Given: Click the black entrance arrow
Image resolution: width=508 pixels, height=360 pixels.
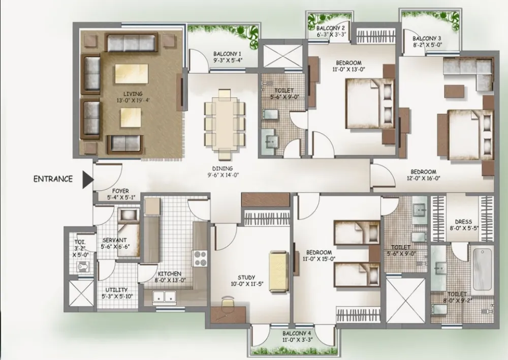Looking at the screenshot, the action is coord(87,179).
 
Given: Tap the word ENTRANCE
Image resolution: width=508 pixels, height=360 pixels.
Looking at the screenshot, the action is coord(53,179).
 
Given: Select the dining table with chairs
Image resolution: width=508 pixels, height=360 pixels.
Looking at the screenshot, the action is coord(225,125).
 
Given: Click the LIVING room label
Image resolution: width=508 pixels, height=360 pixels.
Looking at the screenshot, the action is coord(133,94).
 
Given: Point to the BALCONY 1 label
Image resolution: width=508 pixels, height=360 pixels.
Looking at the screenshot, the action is coord(228,54).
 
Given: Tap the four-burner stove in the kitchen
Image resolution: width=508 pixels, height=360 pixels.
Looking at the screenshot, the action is coord(200,258).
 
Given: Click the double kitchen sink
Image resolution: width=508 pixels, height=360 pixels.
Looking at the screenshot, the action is coord(164,297).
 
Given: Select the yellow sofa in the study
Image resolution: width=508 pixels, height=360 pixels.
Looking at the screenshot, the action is coord(278,272).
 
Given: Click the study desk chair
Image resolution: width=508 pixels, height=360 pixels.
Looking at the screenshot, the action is coord(228,301).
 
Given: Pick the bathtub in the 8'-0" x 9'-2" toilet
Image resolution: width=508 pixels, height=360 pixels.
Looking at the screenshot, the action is coord(483,270).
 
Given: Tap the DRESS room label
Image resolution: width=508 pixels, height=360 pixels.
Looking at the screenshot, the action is coord(463,222).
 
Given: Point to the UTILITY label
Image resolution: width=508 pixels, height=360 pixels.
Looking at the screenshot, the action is coord(116,290).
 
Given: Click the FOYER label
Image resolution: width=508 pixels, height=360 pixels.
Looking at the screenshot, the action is coord(120,191).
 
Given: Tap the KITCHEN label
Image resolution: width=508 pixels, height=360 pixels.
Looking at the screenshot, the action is coord(170,274).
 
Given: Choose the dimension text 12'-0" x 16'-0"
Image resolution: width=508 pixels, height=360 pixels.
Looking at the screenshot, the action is coord(424,178).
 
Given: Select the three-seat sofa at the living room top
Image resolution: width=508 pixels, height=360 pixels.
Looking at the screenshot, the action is coord(131,42).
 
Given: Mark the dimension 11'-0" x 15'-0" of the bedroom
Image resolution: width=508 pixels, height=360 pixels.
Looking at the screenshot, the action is coord(319,259).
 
